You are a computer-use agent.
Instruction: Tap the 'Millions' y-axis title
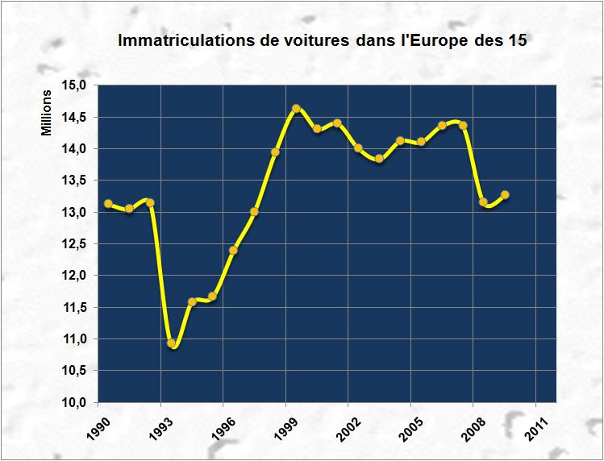pos(46,114)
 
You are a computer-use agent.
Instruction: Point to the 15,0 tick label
pos(77,85)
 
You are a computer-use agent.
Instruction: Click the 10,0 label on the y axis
pos(77,402)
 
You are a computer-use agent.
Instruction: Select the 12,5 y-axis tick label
pos(77,244)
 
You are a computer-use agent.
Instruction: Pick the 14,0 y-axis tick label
pos(77,149)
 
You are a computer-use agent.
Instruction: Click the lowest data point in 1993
pos(171,343)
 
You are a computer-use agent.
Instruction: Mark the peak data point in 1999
pos(296,108)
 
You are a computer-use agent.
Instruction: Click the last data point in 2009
pos(505,194)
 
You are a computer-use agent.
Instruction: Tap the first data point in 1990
pos(108,203)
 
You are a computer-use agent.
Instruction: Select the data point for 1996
pos(233,250)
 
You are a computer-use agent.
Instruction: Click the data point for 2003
pos(379,159)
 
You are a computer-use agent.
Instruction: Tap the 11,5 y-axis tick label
pos(77,307)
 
